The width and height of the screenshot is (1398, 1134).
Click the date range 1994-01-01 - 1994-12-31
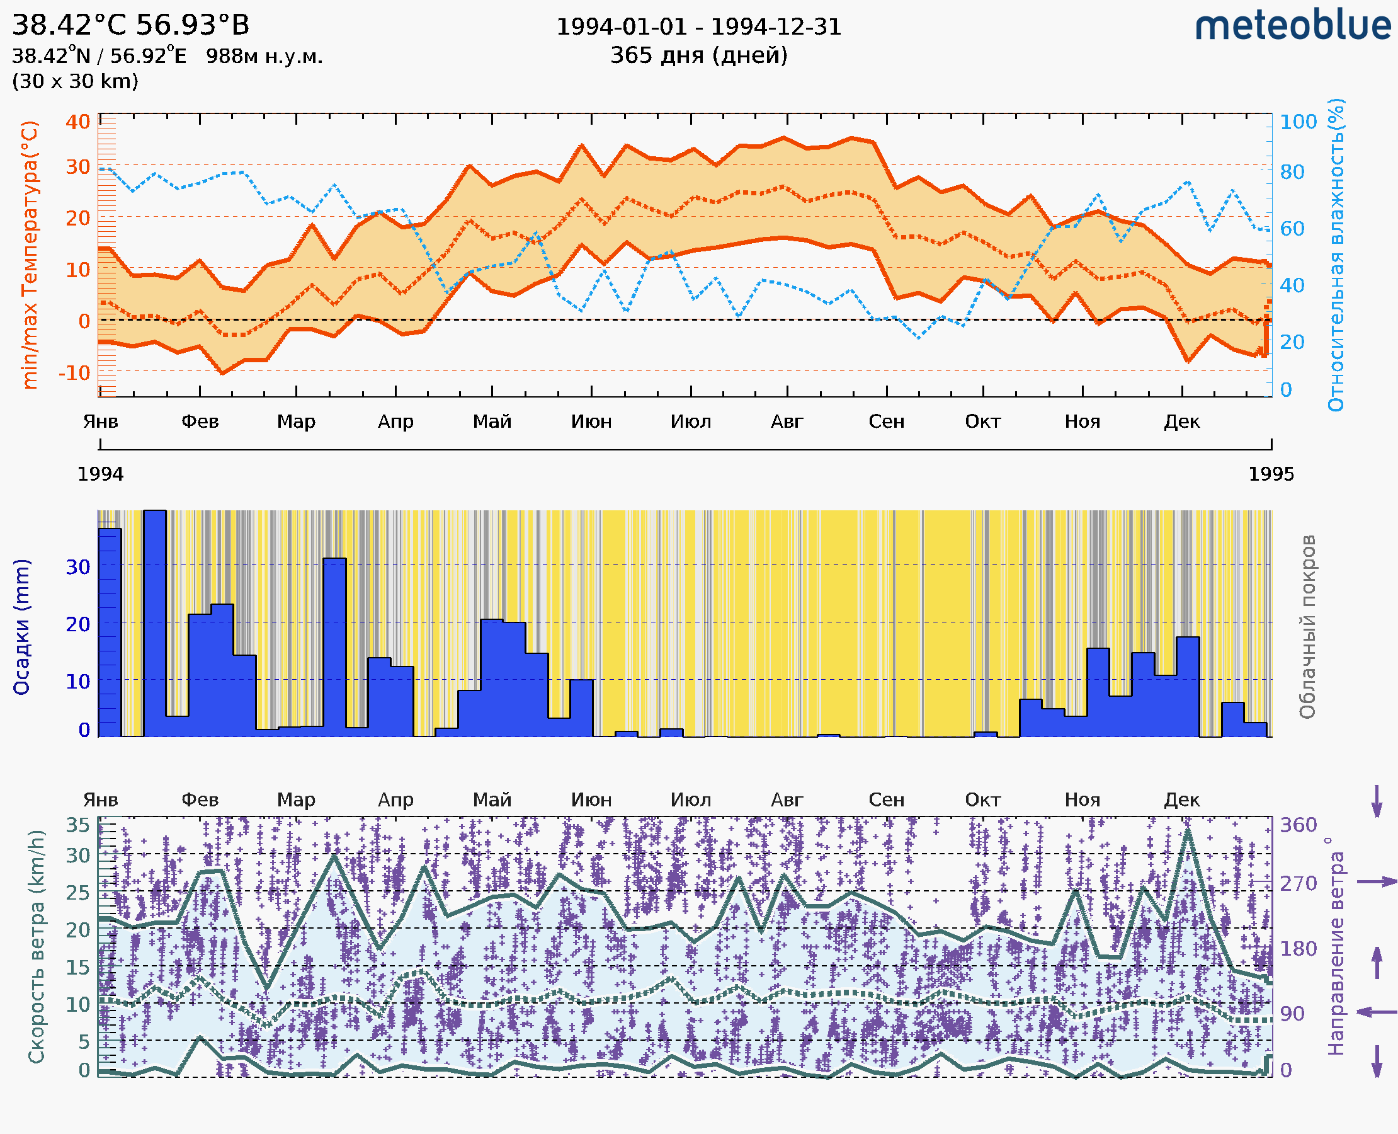[x=698, y=27]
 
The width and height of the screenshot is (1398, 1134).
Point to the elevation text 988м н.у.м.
[x=264, y=56]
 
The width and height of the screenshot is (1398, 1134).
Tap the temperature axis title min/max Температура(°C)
[x=30, y=255]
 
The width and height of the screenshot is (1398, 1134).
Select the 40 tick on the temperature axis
[x=77, y=122]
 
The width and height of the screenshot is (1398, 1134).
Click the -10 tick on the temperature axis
[x=74, y=373]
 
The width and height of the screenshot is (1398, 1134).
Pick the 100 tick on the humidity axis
[x=1298, y=122]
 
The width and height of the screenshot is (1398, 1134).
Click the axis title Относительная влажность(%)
[x=1336, y=255]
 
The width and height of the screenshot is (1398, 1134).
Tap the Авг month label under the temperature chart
[x=787, y=421]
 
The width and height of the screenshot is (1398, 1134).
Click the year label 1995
[x=1271, y=474]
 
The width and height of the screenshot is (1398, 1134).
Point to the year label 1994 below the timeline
[x=101, y=474]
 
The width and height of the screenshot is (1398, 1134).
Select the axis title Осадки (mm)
[x=21, y=627]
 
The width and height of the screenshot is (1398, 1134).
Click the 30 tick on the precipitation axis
[x=77, y=566]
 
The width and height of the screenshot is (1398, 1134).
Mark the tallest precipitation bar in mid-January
[x=155, y=621]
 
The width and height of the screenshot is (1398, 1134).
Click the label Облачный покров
[x=1307, y=627]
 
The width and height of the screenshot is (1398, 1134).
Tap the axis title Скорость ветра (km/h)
[x=37, y=946]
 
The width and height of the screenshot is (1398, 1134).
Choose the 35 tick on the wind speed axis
[x=77, y=825]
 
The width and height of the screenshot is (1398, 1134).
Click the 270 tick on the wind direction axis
[x=1298, y=883]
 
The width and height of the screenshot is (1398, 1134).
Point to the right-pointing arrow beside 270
[x=1377, y=882]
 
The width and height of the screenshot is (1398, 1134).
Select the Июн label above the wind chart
[x=591, y=799]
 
